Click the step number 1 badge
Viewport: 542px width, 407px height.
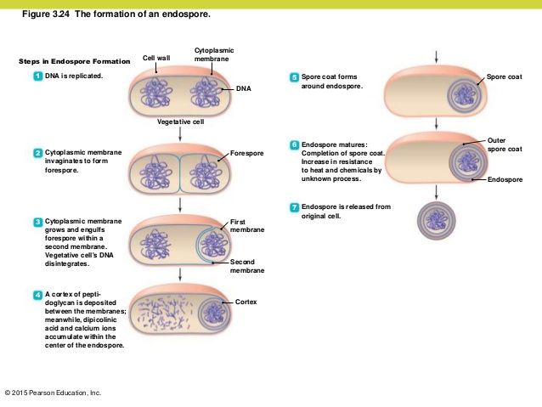pyautogui.click(x=38, y=76)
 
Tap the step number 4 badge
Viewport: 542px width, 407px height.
pyautogui.click(x=38, y=294)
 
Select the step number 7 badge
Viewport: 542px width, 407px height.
pyautogui.click(x=295, y=207)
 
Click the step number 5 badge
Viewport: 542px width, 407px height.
pyautogui.click(x=295, y=77)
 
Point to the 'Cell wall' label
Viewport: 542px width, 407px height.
pyautogui.click(x=156, y=58)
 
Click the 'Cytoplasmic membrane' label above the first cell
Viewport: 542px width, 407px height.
pyautogui.click(x=214, y=54)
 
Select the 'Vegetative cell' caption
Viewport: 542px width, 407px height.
pyautogui.click(x=179, y=122)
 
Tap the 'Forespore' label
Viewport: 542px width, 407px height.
pyautogui.click(x=246, y=153)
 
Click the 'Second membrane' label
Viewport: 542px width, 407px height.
pyautogui.click(x=247, y=266)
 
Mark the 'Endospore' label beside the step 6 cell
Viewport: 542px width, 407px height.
pyautogui.click(x=505, y=180)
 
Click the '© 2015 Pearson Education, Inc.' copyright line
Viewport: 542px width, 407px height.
pyautogui.click(x=53, y=393)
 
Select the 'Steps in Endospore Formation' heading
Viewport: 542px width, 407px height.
pyautogui.click(x=74, y=62)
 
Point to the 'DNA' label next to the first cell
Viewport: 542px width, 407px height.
pyautogui.click(x=244, y=88)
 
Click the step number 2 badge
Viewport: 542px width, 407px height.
pyautogui.click(x=38, y=153)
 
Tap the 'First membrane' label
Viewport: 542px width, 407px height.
pyautogui.click(x=247, y=226)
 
